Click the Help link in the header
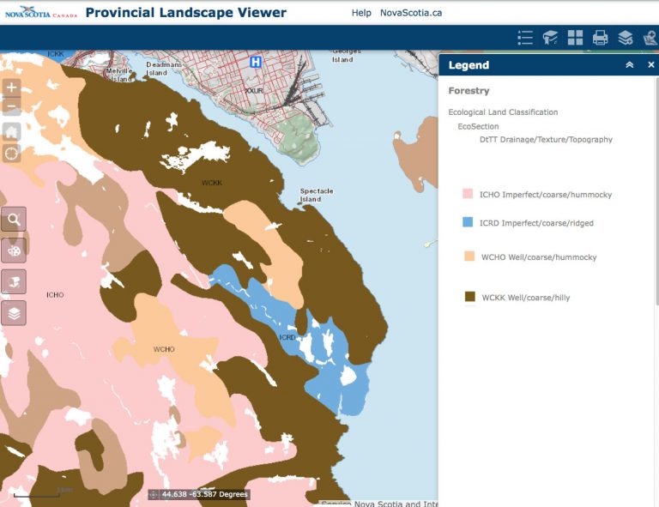[361, 13]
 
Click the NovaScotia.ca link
[411, 13]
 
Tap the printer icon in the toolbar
[601, 38]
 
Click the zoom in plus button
[12, 88]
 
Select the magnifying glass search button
[14, 220]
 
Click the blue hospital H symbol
[255, 63]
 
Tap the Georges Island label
[342, 56]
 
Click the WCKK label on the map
[212, 183]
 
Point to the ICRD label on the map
[287, 337]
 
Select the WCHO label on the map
[164, 349]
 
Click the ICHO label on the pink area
[55, 295]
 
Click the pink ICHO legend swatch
[469, 195]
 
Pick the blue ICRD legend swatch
[469, 223]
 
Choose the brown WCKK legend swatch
[469, 297]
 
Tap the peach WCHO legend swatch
[469, 257]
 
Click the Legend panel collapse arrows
[630, 65]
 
